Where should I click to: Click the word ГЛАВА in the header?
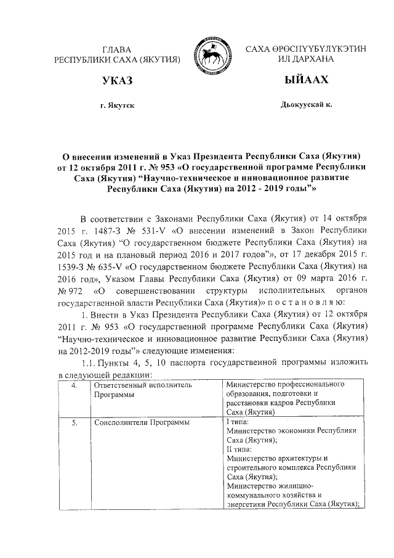[x=116, y=49]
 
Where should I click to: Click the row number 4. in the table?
[x=73, y=385]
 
